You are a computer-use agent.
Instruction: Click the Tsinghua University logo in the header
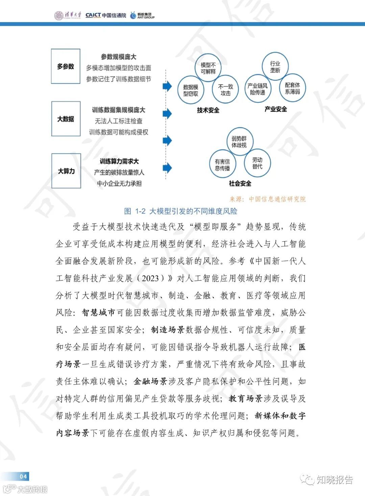click(x=68, y=15)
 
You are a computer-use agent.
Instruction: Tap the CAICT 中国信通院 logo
click(x=105, y=15)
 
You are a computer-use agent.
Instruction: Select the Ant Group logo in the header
click(x=142, y=15)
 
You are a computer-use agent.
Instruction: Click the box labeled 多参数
click(x=66, y=66)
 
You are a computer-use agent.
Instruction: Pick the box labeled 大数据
click(x=66, y=119)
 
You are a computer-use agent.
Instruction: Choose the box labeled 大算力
click(x=66, y=171)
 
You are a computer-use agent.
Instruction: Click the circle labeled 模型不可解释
click(x=208, y=68)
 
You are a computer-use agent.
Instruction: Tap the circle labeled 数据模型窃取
click(x=191, y=90)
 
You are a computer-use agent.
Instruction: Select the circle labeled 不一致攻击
click(x=225, y=90)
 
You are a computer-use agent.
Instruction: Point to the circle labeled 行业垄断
click(x=275, y=67)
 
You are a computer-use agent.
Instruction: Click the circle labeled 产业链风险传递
click(x=258, y=89)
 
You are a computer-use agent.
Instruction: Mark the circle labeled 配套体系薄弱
click(x=292, y=88)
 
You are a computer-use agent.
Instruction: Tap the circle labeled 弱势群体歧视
click(x=239, y=142)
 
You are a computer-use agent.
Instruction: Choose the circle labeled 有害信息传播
click(x=222, y=165)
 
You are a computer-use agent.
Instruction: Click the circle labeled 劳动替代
click(x=257, y=163)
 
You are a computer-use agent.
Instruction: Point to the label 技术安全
click(x=208, y=110)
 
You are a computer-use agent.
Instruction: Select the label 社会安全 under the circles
click(x=240, y=183)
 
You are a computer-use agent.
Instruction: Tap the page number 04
click(x=23, y=476)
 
